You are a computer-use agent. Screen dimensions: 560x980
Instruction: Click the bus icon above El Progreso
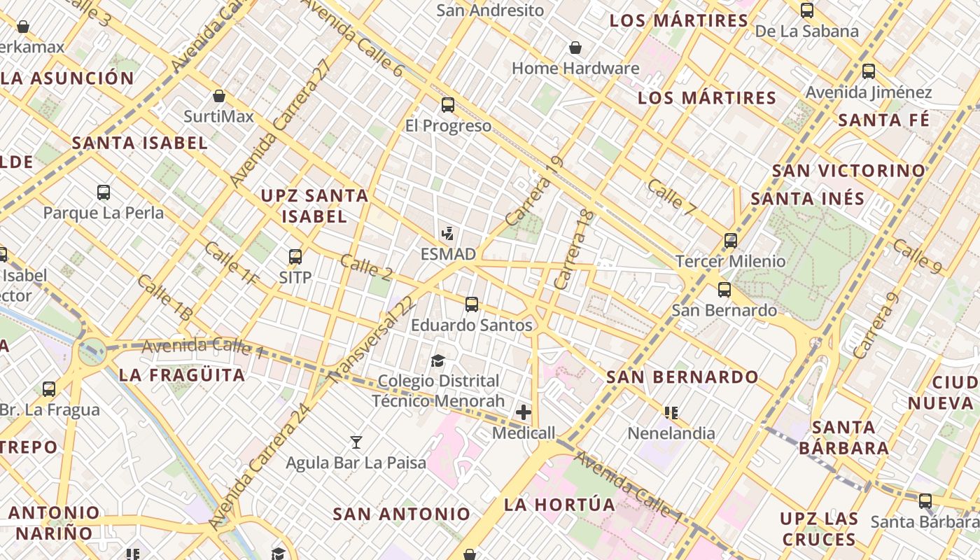pyautogui.click(x=448, y=106)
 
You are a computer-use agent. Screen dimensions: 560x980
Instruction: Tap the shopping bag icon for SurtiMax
pyautogui.click(x=219, y=96)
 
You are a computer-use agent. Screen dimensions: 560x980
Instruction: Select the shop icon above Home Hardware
pyautogui.click(x=575, y=48)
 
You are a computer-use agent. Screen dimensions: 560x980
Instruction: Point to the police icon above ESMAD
pyautogui.click(x=447, y=233)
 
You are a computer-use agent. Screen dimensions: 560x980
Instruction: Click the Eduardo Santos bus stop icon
pyautogui.click(x=472, y=304)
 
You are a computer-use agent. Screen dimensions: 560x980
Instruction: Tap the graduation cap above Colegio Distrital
pyautogui.click(x=437, y=360)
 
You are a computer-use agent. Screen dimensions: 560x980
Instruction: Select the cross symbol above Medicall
pyautogui.click(x=523, y=412)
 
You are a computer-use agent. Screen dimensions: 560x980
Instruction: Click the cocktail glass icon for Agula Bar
pyautogui.click(x=356, y=442)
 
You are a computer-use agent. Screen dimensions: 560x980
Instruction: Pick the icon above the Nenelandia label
pyautogui.click(x=671, y=412)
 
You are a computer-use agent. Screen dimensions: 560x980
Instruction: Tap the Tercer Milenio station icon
pyautogui.click(x=731, y=241)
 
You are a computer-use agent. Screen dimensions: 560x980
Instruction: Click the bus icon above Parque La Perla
pyautogui.click(x=104, y=192)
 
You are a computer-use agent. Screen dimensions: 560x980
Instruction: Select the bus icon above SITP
pyautogui.click(x=295, y=256)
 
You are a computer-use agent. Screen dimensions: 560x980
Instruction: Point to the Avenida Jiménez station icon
pyautogui.click(x=869, y=71)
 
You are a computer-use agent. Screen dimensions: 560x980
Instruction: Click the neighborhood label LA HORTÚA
pyautogui.click(x=559, y=505)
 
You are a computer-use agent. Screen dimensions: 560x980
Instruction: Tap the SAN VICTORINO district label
pyautogui.click(x=848, y=171)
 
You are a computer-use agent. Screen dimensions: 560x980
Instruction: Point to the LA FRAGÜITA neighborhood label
pyautogui.click(x=182, y=375)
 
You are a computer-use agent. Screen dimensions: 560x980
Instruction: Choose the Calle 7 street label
pyautogui.click(x=672, y=197)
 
